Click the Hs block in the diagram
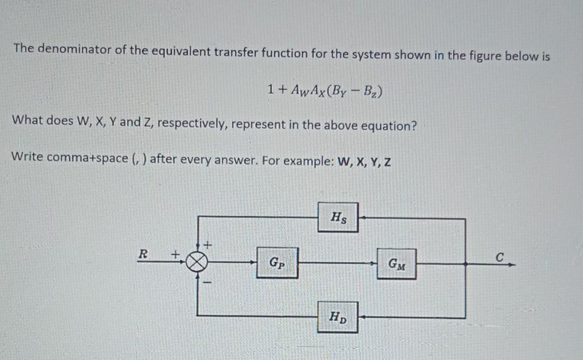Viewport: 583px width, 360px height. pos(338,217)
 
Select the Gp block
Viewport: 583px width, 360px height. pos(277,263)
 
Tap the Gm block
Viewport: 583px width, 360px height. pos(396,264)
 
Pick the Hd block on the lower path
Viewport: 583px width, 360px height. pos(338,317)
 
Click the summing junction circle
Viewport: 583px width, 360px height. pos(197,262)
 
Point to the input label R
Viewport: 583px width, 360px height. pos(143,255)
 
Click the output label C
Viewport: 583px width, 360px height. pos(500,257)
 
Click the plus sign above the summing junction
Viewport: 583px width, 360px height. pos(207,245)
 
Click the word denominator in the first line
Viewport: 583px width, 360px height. pos(74,49)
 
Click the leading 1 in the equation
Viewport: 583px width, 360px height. pos(271,89)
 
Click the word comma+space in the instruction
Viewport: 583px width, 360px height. pos(87,157)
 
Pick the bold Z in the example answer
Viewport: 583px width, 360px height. pos(387,163)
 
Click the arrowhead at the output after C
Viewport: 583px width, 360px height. pos(512,265)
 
